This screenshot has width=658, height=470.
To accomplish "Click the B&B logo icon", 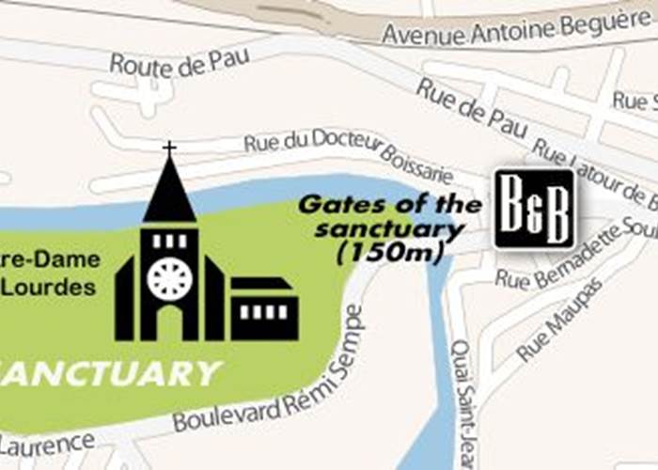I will click(534, 209).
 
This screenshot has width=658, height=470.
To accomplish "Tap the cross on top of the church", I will click(169, 149).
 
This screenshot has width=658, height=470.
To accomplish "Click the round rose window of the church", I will click(169, 278).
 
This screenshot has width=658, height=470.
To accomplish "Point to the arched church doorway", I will click(169, 322).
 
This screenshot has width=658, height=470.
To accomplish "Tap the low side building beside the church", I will click(264, 310).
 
